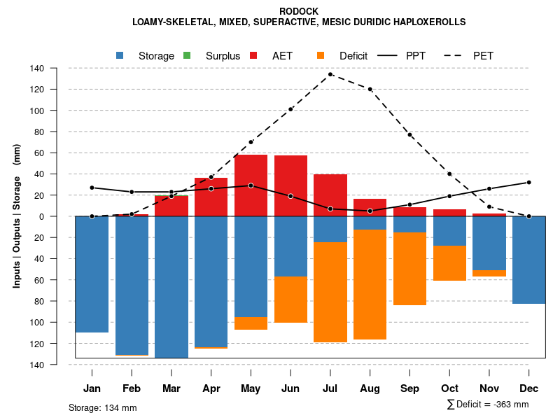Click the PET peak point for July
[x=330, y=74]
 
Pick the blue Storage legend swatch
[x=120, y=55]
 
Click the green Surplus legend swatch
[x=187, y=55]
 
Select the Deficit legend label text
[x=353, y=56]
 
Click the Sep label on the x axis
[x=410, y=388]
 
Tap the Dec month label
[x=529, y=388]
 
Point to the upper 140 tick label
[x=38, y=69]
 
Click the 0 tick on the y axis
[x=42, y=216]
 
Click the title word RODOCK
[x=299, y=12]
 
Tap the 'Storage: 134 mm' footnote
[x=103, y=407]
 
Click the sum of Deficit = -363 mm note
[x=487, y=405]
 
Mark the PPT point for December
[x=529, y=182]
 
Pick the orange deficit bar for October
[x=450, y=263]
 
